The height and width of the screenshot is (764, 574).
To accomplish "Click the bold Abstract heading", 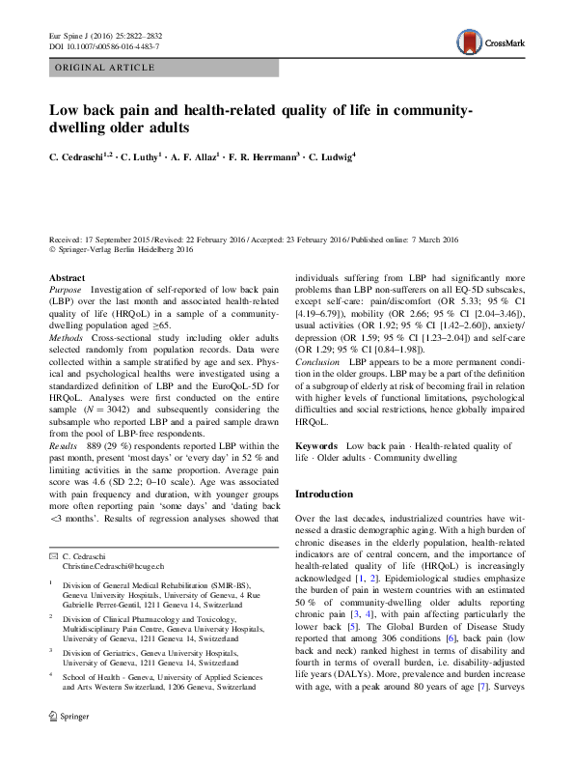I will click(67, 277).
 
